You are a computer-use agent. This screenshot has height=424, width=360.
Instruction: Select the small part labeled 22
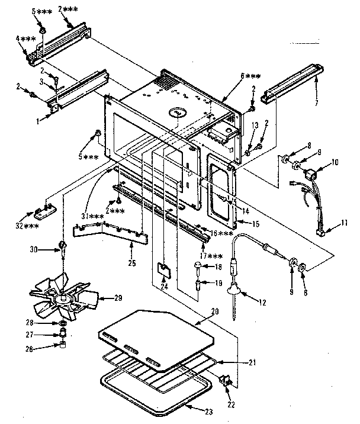coord(226,379)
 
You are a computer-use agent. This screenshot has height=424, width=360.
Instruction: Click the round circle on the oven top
coord(177,112)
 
